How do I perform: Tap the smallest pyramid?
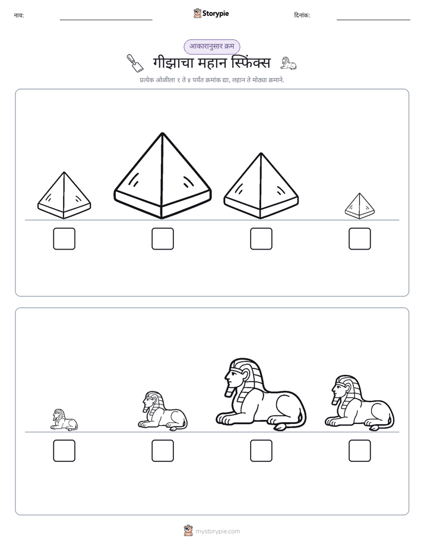click(x=360, y=206)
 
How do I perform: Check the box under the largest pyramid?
click(x=163, y=238)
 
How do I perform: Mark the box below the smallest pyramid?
click(x=360, y=238)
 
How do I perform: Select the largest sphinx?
click(x=261, y=394)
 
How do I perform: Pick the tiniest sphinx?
click(x=64, y=420)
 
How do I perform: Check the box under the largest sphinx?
click(x=261, y=451)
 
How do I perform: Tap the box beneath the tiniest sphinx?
click(x=64, y=451)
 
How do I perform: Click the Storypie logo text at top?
click(x=216, y=14)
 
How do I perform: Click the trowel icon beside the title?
click(x=135, y=63)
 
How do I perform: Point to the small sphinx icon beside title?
click(x=289, y=63)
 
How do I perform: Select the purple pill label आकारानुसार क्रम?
click(x=212, y=46)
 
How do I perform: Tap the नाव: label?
click(x=19, y=15)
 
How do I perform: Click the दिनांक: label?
click(x=302, y=15)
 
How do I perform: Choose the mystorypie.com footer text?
click(x=217, y=531)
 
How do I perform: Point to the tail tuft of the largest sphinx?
click(x=280, y=427)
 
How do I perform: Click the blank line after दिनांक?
click(x=374, y=20)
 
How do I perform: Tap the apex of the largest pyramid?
click(x=162, y=133)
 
